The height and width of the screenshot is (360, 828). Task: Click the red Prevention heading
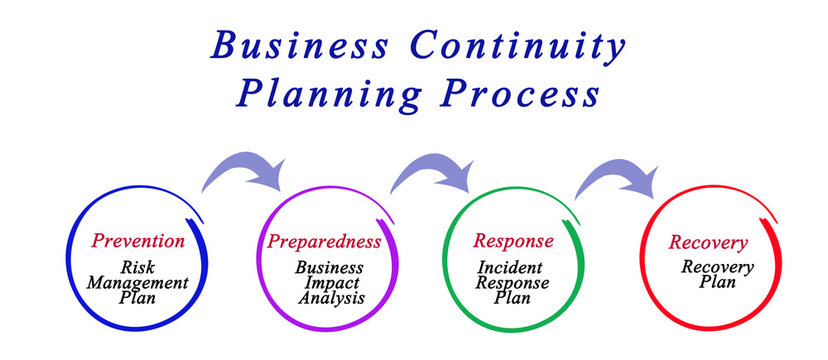click(x=138, y=241)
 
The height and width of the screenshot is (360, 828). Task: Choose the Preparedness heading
click(x=324, y=241)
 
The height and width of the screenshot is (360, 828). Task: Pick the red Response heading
click(x=512, y=241)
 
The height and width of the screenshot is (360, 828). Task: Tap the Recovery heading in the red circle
click(x=708, y=243)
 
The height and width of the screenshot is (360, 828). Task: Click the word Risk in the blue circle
click(x=138, y=267)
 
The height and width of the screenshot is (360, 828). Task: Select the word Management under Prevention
click(x=139, y=282)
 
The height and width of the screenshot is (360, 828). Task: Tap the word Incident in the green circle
click(x=512, y=267)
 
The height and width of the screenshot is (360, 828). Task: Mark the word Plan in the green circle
click(x=512, y=298)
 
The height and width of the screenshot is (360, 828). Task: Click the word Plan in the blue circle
click(x=138, y=297)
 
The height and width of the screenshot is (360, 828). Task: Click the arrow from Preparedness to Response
click(x=428, y=171)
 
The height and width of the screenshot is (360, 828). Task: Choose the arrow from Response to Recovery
click(x=614, y=174)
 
